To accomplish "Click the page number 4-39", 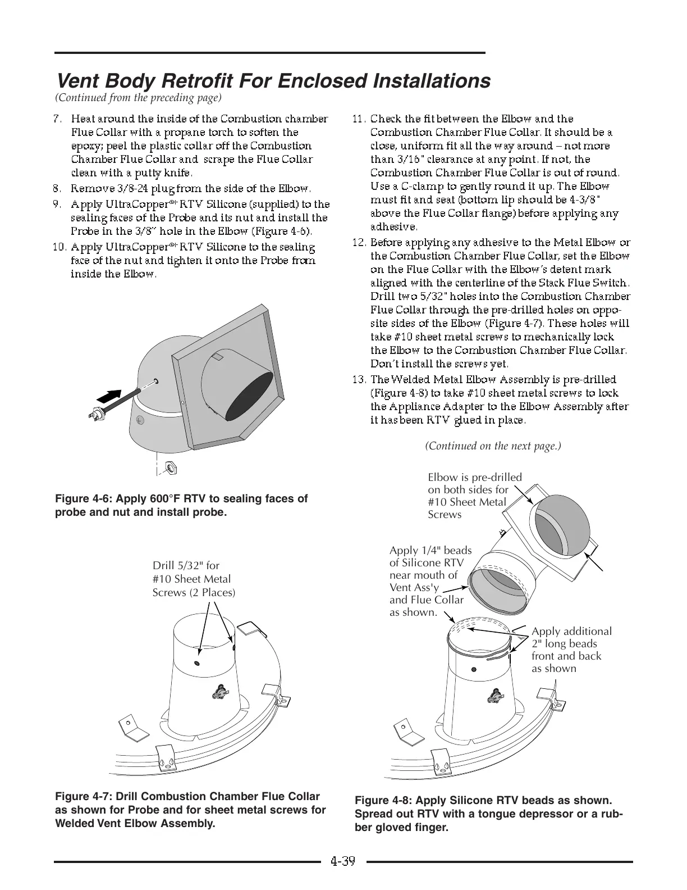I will (x=343, y=861).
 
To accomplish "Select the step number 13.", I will (x=359, y=379).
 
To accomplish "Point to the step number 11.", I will (x=359, y=119).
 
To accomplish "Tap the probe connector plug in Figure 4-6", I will (x=97, y=414).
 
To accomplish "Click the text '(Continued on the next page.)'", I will (x=493, y=446).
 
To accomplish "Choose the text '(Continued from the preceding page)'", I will (x=139, y=98).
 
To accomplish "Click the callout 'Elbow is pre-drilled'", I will (x=474, y=478).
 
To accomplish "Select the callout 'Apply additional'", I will (x=571, y=632).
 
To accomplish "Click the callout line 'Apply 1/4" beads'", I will (x=430, y=551).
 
